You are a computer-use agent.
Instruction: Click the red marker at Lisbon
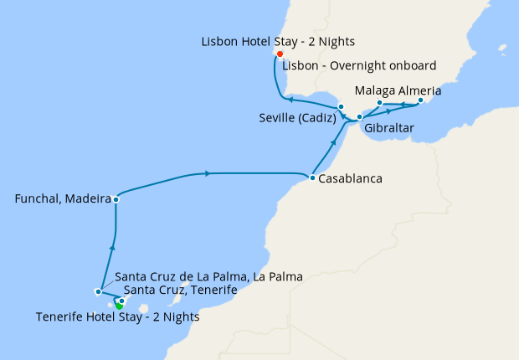coord(280,54)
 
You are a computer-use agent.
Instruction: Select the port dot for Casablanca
coord(311,178)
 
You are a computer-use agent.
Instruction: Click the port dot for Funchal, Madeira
coord(116,199)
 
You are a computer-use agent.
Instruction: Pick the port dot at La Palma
coord(98,292)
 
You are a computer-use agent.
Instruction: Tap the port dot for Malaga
coord(379,103)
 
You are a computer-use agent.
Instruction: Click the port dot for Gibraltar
coord(359,117)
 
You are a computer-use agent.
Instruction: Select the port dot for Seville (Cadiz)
coord(341,107)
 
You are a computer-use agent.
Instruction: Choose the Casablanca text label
coord(350,178)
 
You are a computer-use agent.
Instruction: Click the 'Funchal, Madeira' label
coord(64,199)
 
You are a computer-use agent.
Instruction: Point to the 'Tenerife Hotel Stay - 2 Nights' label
coord(119,317)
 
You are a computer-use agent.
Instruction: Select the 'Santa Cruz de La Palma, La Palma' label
coord(208,275)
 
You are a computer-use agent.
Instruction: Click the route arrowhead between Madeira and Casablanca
coord(206,173)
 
